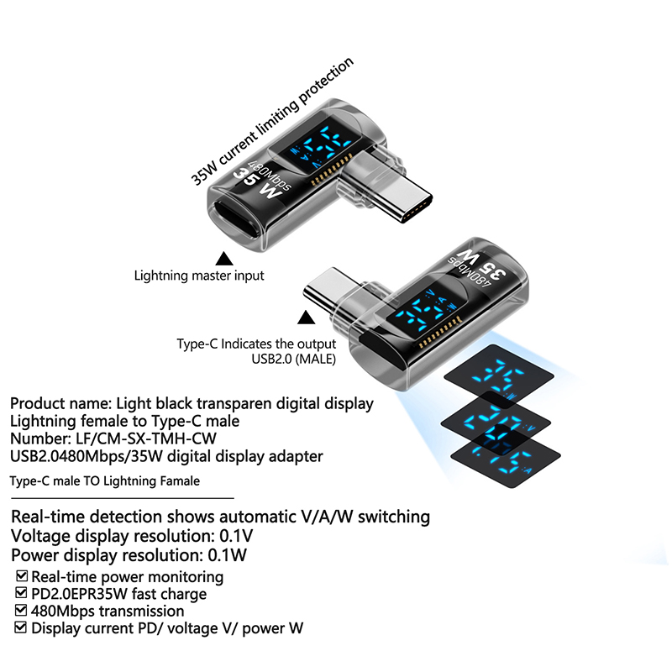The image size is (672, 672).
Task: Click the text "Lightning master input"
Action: click(x=199, y=276)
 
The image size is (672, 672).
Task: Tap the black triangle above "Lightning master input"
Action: click(x=223, y=258)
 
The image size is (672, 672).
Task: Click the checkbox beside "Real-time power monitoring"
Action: click(x=22, y=577)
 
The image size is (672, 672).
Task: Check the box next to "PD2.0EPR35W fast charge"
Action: click(x=22, y=594)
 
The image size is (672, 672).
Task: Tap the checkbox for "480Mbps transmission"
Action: click(x=22, y=611)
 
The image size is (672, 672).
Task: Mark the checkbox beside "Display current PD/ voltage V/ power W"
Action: click(x=22, y=627)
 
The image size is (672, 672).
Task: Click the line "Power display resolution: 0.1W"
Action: click(x=129, y=555)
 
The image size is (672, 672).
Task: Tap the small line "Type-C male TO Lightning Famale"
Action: click(x=104, y=481)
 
